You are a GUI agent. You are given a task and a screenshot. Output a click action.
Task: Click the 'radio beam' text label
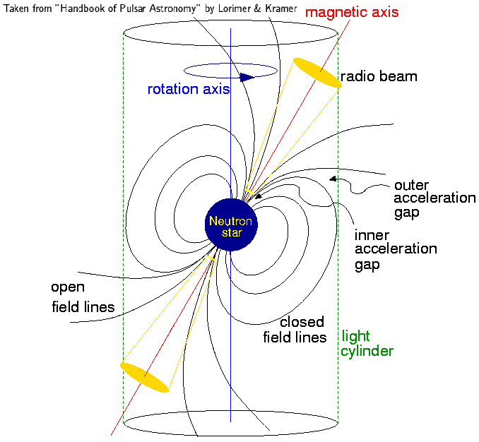pyautogui.click(x=379, y=76)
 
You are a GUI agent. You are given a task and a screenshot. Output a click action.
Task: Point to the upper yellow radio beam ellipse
pyautogui.click(x=317, y=73)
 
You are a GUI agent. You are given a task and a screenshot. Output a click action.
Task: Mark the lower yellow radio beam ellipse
pyautogui.click(x=145, y=376)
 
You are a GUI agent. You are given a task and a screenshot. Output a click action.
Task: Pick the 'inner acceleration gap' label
pyautogui.click(x=395, y=249)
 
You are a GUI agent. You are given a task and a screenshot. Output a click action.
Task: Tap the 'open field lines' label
pyautogui.click(x=82, y=297)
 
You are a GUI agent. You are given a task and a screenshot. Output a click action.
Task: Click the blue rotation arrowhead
pyautogui.click(x=246, y=77)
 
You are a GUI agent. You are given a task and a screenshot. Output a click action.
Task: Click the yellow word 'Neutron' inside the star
pyautogui.click(x=231, y=221)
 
